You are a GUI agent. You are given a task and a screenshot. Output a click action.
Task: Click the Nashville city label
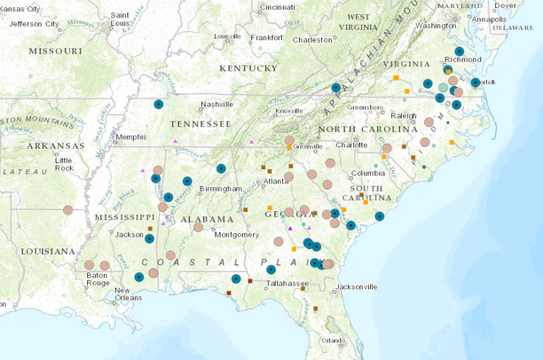216,104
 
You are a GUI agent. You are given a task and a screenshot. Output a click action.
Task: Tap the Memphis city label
130,137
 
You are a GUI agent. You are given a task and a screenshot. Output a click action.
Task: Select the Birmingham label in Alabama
221,188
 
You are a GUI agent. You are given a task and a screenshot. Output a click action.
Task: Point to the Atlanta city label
275,182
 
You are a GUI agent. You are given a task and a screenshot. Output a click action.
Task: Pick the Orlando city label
334,340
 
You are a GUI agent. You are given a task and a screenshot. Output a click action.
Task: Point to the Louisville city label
227,36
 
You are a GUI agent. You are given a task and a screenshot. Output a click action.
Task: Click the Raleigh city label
403,115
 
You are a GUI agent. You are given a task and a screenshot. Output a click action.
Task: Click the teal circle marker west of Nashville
159,104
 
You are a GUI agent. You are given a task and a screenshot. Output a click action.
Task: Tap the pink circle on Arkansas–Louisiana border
68,210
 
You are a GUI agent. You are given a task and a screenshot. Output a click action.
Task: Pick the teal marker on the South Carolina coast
379,216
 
